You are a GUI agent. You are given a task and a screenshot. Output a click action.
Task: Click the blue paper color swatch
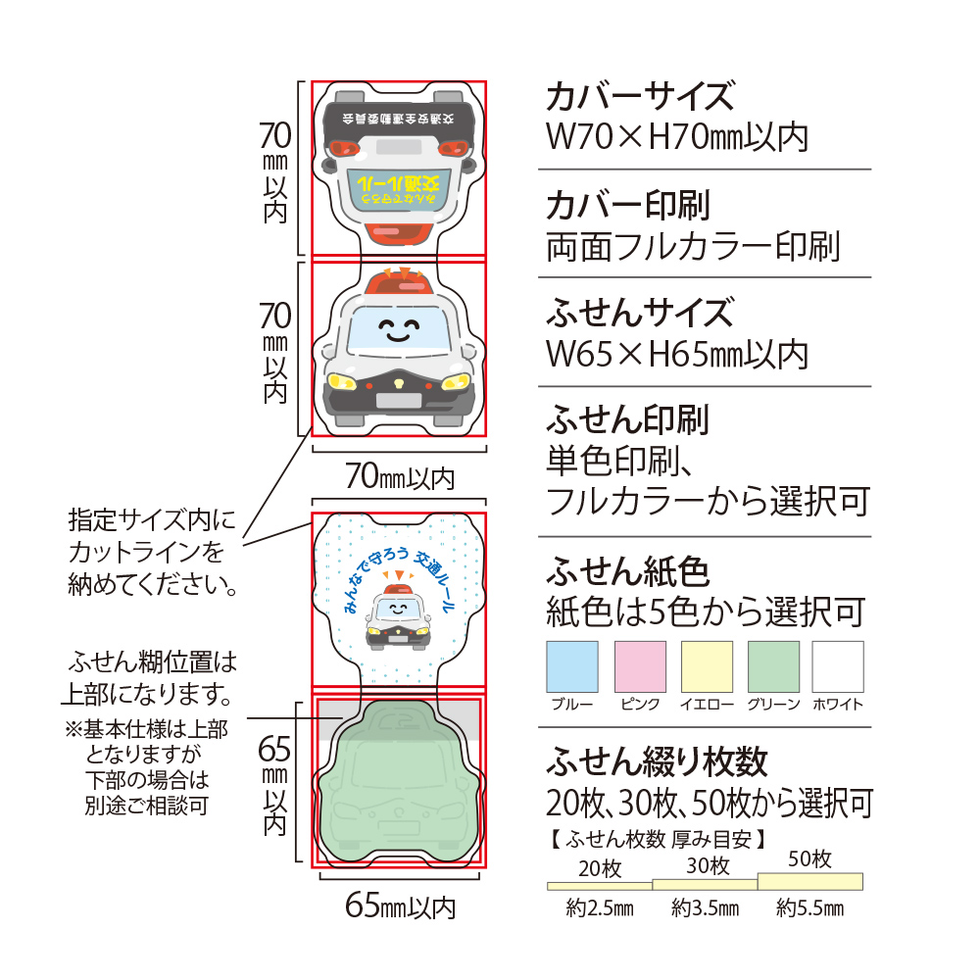click(x=571, y=666)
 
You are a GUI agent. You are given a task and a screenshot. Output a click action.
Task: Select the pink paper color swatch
click(x=640, y=666)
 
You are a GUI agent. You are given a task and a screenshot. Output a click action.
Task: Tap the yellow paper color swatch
click(x=707, y=666)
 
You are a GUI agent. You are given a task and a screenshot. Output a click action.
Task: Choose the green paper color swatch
click(x=773, y=666)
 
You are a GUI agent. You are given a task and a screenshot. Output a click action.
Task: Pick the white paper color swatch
click(x=838, y=666)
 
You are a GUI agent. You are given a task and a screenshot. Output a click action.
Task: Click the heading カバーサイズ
click(x=639, y=97)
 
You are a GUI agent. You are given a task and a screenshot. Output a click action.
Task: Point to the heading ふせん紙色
click(x=627, y=570)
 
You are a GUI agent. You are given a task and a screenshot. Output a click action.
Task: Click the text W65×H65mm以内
click(x=676, y=353)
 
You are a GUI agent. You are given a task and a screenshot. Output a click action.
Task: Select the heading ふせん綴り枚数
click(x=657, y=760)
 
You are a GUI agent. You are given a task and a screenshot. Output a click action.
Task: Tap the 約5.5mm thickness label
click(x=809, y=908)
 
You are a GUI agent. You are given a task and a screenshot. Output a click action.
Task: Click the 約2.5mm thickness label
click(x=600, y=908)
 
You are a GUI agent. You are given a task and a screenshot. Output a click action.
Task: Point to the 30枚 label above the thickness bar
click(x=707, y=866)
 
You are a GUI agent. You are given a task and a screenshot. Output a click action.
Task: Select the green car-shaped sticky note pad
click(x=399, y=784)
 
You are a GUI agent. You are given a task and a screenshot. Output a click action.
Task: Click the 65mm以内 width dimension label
click(x=400, y=906)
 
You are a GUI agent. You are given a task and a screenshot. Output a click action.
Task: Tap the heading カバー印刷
click(x=627, y=205)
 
